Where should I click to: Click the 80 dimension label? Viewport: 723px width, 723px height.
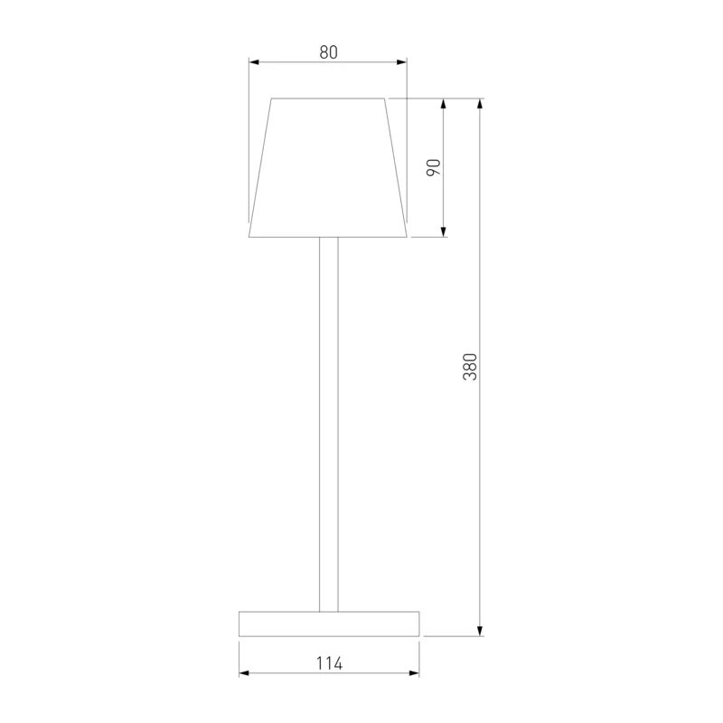click(328, 52)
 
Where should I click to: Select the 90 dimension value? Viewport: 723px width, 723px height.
click(434, 167)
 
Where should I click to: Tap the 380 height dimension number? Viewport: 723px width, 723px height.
click(470, 367)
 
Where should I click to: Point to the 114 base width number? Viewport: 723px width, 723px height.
click(329, 663)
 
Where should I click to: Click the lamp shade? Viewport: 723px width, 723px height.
click(328, 167)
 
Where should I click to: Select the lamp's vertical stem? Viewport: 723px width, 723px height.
click(329, 424)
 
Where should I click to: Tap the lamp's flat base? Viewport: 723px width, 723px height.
click(329, 624)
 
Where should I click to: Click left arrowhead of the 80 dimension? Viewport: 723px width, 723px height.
click(255, 61)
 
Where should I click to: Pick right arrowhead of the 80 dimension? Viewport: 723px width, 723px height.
click(401, 61)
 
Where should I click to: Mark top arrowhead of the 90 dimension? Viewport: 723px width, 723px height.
click(444, 104)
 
